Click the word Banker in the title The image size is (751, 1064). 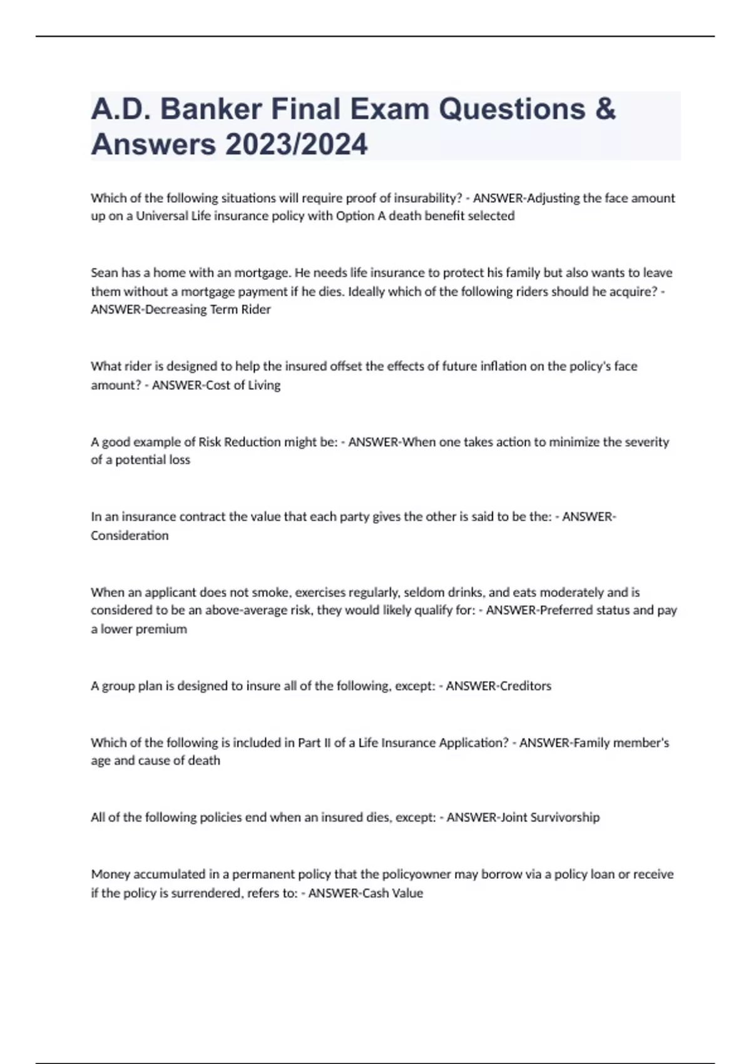[210, 110]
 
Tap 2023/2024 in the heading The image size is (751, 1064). [297, 145]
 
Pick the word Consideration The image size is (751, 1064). [130, 536]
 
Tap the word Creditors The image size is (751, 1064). [526, 686]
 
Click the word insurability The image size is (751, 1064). [429, 198]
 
